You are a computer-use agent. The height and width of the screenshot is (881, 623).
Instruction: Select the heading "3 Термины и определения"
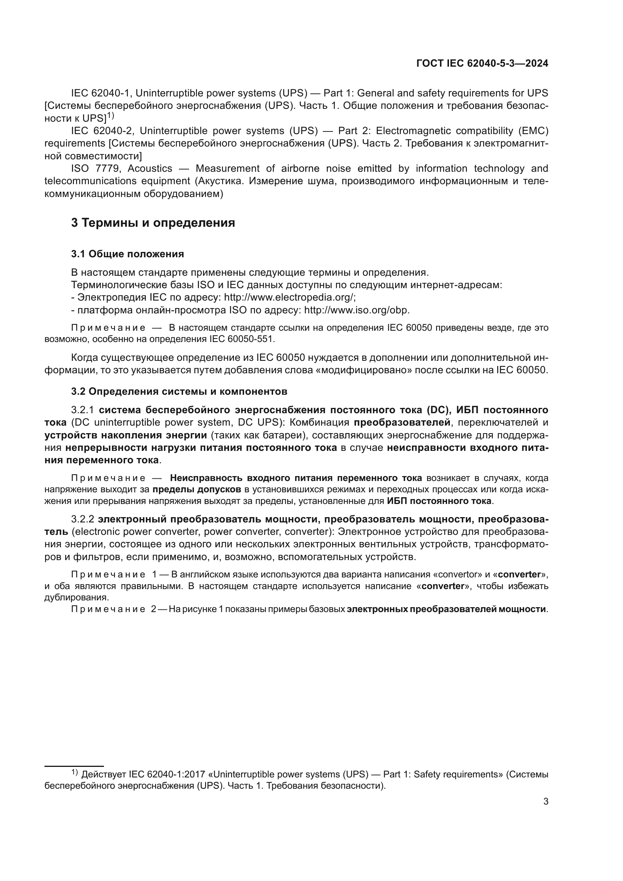153,223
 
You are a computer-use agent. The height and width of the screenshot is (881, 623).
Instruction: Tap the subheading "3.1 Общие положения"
127,254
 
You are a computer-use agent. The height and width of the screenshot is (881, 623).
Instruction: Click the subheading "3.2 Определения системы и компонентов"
179,391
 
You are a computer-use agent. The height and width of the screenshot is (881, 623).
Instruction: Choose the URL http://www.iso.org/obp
356,310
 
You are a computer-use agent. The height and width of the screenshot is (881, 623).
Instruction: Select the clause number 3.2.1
82,410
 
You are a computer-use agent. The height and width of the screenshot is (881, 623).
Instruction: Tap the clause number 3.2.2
82,519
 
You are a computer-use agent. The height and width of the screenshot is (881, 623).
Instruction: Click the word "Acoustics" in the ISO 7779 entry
150,169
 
